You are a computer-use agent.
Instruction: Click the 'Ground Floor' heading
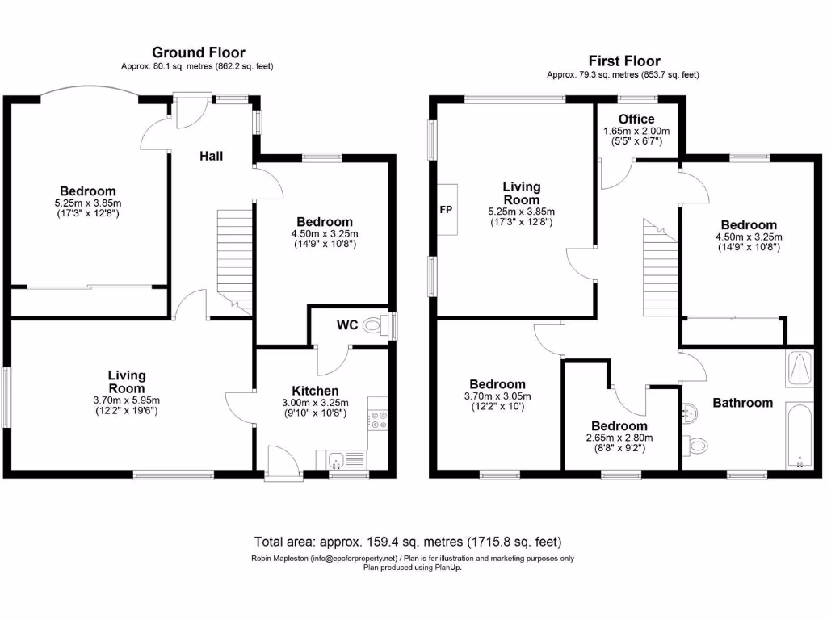coord(199,52)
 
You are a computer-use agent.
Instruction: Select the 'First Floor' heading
coord(623,61)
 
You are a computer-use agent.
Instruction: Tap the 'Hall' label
coord(212,156)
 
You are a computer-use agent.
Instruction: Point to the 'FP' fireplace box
coord(446,209)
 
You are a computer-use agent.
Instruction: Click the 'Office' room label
coord(636,119)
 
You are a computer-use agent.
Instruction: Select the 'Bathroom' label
coord(742,403)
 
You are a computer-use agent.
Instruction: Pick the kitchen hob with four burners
coord(377,419)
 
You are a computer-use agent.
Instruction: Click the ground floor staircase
coord(235,261)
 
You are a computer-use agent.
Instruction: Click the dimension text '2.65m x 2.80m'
coord(619,438)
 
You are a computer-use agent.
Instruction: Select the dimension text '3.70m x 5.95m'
coord(127,400)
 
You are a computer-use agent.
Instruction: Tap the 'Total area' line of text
coord(408,541)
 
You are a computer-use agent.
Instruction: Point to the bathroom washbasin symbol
coord(691,413)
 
